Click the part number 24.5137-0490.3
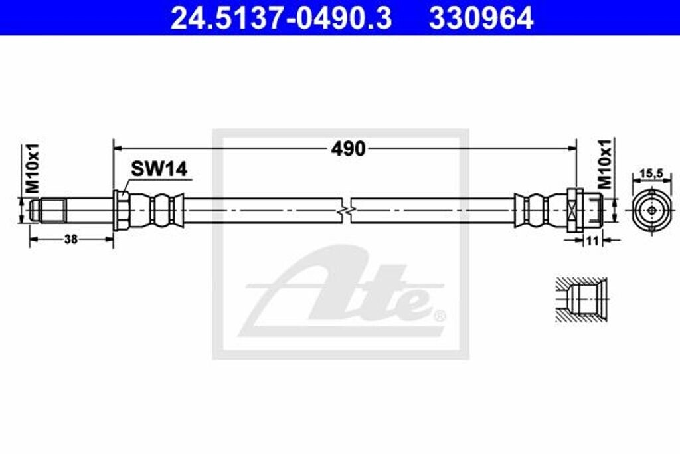pos(281,18)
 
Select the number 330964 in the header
pos(481,18)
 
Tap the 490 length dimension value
pos(348,149)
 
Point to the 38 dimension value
pos(70,239)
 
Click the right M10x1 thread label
pos(606,165)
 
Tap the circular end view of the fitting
pos(651,210)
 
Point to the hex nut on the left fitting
pos(121,210)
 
